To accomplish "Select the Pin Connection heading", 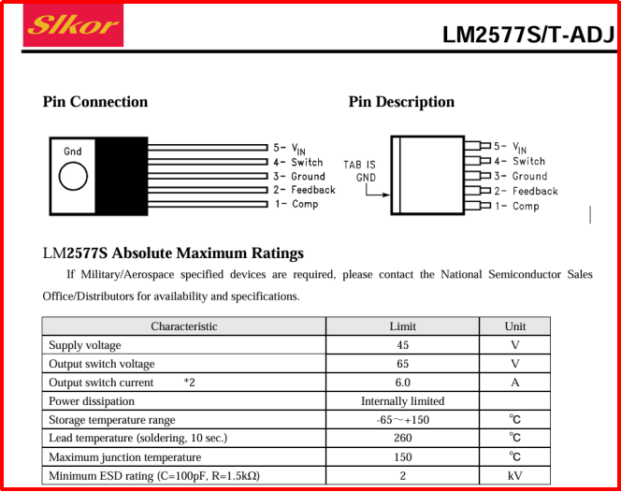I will click(x=95, y=102).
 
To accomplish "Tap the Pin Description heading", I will click(x=401, y=102).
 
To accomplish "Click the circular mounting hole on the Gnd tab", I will click(x=73, y=176).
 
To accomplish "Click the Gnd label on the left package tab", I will click(x=73, y=152).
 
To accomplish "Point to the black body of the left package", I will click(x=122, y=176).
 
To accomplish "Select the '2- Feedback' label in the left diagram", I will click(x=304, y=190).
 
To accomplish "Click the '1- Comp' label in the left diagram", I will click(x=296, y=204).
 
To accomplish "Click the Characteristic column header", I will click(x=184, y=326).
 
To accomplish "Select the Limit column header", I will click(x=402, y=326).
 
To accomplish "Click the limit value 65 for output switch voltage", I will click(x=402, y=364).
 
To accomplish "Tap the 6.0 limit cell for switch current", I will click(x=402, y=383).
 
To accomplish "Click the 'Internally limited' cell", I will click(x=402, y=401).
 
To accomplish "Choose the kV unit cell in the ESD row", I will click(x=514, y=476).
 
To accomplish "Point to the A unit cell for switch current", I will click(x=514, y=383).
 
